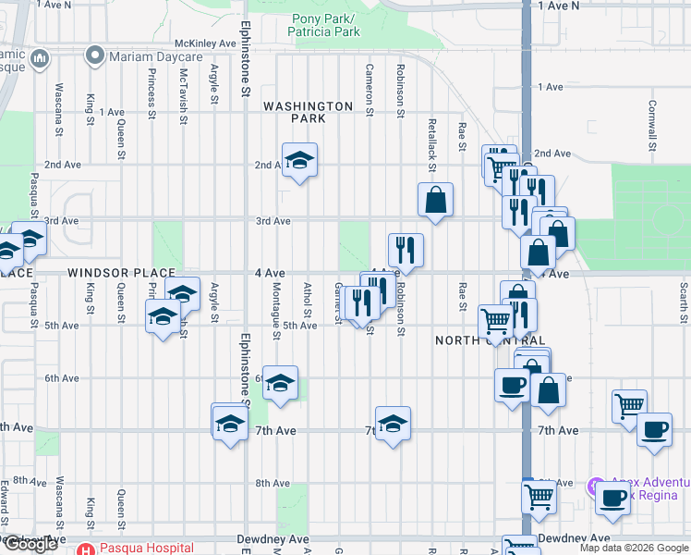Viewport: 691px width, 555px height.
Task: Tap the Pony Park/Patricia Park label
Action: tap(325, 25)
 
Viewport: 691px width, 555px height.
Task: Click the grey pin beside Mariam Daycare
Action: tap(93, 56)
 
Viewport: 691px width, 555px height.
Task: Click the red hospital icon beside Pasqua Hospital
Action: tap(86, 549)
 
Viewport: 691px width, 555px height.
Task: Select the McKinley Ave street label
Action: tap(206, 43)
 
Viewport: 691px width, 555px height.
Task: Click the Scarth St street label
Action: tap(684, 302)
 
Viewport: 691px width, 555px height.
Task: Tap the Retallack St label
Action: tap(431, 136)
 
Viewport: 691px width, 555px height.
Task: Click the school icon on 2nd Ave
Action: tap(299, 161)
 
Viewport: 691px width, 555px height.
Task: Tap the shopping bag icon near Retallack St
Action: tap(434, 200)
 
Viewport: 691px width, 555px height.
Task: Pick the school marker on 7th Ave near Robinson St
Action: tap(393, 424)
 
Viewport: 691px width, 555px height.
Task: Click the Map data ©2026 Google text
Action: tap(633, 549)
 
